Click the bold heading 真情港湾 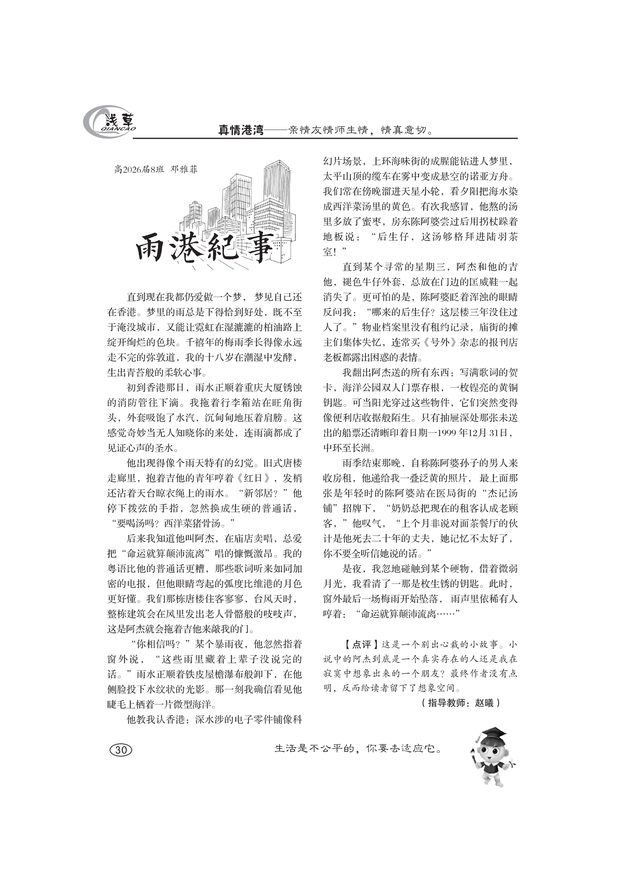point(241,130)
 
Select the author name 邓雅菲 point(184,169)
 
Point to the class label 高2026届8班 point(139,169)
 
